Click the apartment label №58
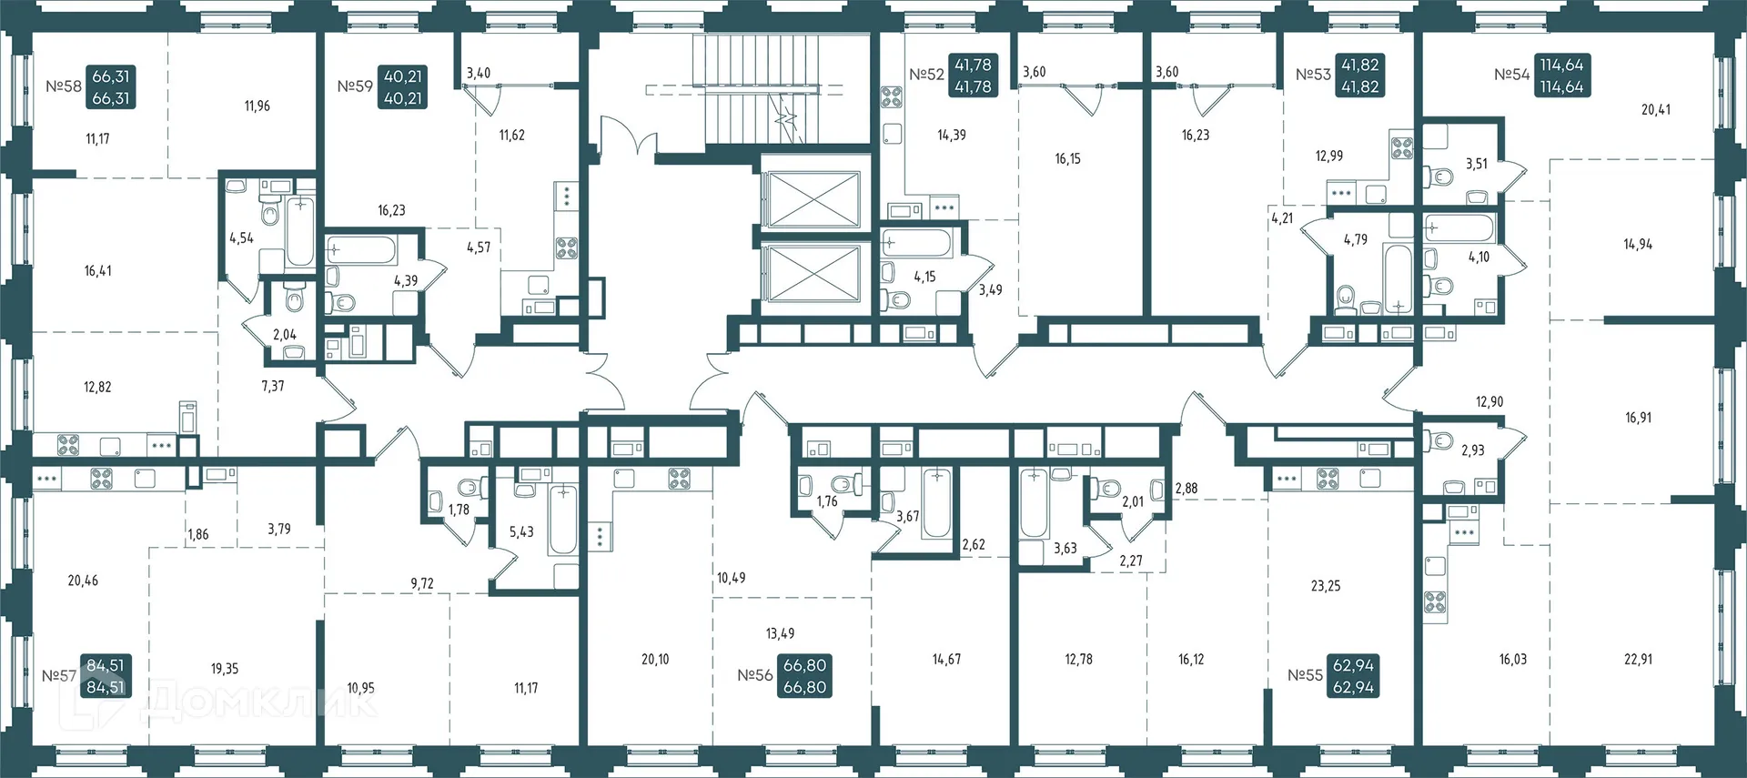64,87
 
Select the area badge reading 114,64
1561,76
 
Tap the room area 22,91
1638,660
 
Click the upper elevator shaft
810,198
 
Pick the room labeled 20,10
655,660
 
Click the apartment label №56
754,676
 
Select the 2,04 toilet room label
285,335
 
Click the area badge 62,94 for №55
1353,676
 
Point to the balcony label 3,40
479,74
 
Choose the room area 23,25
1326,587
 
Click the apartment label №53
1313,76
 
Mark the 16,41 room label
98,271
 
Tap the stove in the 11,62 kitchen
566,248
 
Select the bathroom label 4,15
924,277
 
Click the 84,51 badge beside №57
106,676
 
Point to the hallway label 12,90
1489,402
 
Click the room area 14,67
946,660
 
